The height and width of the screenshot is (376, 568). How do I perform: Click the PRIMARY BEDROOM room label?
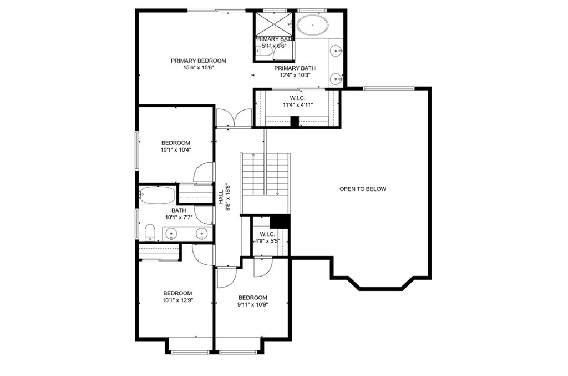point(198,61)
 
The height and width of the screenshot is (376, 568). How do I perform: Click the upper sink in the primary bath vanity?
point(336,52)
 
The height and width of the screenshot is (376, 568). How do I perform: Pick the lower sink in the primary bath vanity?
point(336,79)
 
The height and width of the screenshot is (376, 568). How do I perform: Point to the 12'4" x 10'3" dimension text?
point(295,76)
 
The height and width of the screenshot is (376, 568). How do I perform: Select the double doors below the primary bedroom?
point(233,118)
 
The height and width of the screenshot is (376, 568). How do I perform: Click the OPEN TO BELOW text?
point(363,189)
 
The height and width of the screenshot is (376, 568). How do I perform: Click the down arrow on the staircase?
point(277,193)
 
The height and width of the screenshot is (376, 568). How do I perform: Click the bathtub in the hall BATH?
point(158,195)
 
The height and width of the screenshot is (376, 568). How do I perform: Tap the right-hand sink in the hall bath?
point(202,233)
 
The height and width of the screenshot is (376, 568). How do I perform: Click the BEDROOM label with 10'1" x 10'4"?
point(176,142)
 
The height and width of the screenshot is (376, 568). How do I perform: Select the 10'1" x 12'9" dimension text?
point(177,301)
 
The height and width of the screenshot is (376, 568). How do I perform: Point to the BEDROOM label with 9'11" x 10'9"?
point(252,298)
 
